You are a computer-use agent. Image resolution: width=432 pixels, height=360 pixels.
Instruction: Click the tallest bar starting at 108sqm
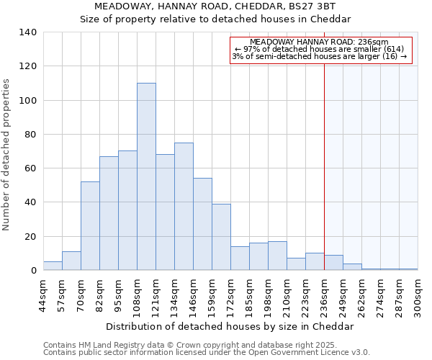point(146,176)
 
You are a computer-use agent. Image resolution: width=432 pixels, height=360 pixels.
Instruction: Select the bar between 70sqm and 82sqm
point(90,226)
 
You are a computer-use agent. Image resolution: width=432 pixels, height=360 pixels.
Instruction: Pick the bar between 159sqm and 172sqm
point(221,237)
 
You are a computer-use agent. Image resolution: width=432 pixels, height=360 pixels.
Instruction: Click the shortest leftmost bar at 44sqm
point(53,266)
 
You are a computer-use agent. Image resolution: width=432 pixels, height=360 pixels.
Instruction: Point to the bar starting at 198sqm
point(277,256)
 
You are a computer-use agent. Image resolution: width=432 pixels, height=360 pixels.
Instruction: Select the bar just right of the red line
point(333,263)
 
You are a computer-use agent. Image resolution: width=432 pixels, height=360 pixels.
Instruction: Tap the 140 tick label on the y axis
point(28,32)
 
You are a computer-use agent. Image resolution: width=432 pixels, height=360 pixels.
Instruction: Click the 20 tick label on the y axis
point(31,237)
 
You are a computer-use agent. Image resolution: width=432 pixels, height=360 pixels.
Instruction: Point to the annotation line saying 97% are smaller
point(320,50)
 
